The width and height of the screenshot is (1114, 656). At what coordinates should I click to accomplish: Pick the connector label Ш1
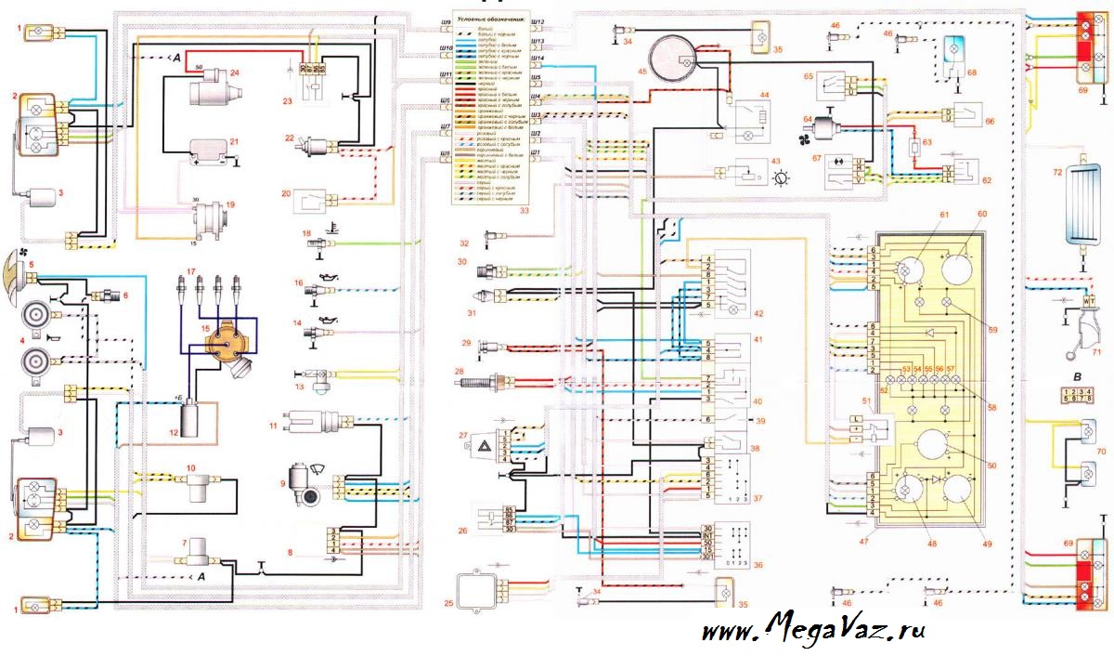click(536, 151)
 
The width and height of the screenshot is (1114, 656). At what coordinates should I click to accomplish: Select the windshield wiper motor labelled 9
click(305, 486)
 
